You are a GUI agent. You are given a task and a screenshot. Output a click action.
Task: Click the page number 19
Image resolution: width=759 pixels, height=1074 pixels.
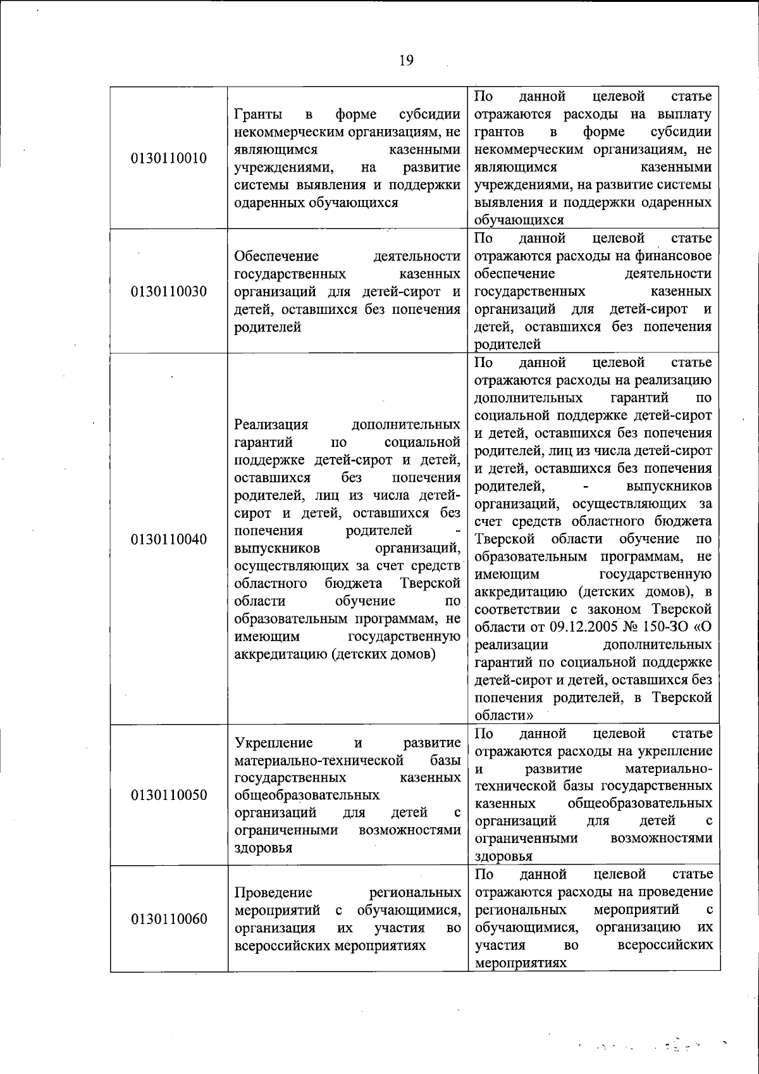coord(406,60)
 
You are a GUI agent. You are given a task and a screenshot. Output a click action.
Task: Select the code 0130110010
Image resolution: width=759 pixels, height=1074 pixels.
coord(169,158)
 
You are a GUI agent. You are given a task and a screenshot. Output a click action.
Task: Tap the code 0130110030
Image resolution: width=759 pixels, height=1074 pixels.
coord(169,292)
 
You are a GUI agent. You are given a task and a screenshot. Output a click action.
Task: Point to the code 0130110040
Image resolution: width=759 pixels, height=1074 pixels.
coord(169,539)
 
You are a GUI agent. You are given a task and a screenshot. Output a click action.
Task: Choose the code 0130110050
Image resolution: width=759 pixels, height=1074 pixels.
coord(169,795)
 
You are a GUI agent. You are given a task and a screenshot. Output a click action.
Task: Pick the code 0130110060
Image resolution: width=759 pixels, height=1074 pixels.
coord(169,919)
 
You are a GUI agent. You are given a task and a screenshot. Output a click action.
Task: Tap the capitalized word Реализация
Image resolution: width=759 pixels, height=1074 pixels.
coord(271,425)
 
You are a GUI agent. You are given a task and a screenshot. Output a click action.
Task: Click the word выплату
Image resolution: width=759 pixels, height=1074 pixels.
coord(684,115)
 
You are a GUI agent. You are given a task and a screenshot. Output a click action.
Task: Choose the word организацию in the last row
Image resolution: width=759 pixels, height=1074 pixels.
coord(638,927)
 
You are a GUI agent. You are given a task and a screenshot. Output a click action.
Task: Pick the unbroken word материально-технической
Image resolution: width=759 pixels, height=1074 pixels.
coord(319,760)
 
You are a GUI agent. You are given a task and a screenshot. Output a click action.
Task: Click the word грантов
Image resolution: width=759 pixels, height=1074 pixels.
coord(499,132)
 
